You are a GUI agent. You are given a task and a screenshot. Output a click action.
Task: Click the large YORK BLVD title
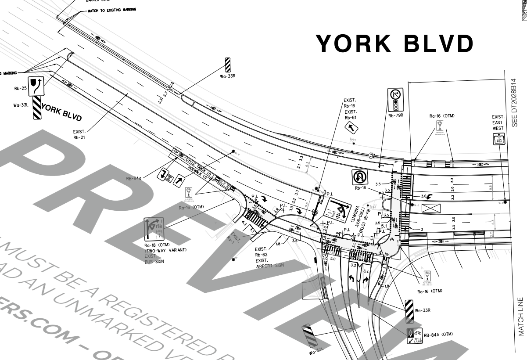[395, 43]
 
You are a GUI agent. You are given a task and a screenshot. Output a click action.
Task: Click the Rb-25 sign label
[21, 88]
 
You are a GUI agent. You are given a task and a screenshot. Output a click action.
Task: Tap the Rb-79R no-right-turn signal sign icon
[395, 100]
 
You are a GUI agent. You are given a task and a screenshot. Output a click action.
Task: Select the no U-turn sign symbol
[360, 177]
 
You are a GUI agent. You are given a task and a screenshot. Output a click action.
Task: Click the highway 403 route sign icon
[498, 139]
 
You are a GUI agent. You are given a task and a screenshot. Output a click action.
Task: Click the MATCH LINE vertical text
[521, 317]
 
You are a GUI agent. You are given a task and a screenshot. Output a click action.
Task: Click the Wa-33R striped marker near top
[228, 65]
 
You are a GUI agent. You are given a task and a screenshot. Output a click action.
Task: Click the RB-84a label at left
[133, 179]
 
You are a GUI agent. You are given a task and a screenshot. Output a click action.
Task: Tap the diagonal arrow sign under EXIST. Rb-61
[351, 127]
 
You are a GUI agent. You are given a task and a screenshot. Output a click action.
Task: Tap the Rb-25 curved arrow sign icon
[36, 84]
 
